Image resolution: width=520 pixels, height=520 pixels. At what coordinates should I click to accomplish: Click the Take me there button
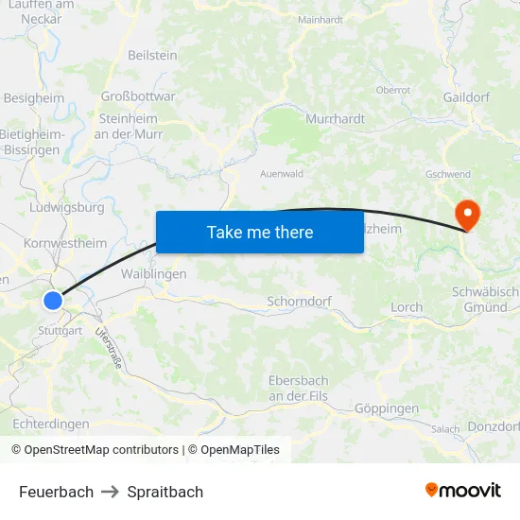pos(260,232)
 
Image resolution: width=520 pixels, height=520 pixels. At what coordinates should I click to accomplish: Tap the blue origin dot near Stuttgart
pos(53,301)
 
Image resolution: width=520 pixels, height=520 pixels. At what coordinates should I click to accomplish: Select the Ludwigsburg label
pos(67,207)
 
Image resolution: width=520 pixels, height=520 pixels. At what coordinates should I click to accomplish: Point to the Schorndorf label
pos(300,303)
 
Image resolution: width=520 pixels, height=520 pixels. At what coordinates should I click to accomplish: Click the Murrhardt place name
pos(335,119)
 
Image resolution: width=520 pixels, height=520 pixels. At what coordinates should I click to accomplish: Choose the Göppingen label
pos(386,408)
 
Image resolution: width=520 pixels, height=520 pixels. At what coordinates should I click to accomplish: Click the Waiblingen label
pos(154,273)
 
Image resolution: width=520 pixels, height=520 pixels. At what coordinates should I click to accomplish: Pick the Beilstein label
pos(152,56)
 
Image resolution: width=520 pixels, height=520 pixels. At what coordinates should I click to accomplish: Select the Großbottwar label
pos(138,95)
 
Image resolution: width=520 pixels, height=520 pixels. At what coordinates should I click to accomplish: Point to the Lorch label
pos(407,307)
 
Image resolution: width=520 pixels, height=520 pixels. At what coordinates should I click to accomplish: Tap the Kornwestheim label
pos(65,243)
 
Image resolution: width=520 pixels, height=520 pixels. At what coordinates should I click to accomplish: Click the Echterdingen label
pos(51,424)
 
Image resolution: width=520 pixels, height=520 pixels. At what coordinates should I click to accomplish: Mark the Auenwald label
pos(282,174)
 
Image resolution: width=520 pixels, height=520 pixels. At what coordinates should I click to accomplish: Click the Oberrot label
pos(392,90)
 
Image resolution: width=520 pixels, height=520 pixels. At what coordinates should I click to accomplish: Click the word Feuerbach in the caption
pos(56,492)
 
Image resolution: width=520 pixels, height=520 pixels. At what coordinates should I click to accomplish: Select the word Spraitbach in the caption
pos(165,492)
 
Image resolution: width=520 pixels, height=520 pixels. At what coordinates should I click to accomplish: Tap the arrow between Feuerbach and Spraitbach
pos(111,492)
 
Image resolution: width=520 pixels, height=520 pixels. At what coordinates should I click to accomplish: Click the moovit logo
pos(462,490)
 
